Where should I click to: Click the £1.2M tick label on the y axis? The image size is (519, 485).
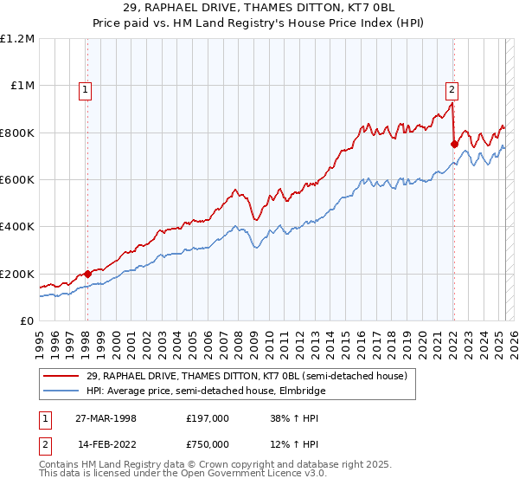pyautogui.click(x=16, y=39)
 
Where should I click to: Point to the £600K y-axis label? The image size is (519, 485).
pyautogui.click(x=16, y=180)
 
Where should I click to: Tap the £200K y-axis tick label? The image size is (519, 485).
pyautogui.click(x=16, y=274)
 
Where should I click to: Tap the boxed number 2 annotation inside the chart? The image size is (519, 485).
pyautogui.click(x=452, y=87)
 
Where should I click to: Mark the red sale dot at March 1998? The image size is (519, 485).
pyautogui.click(x=87, y=275)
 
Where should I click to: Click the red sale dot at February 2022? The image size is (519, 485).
pyautogui.click(x=453, y=145)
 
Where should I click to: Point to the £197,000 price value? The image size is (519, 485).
pyautogui.click(x=207, y=417)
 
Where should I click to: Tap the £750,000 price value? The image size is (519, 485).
pyautogui.click(x=207, y=444)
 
